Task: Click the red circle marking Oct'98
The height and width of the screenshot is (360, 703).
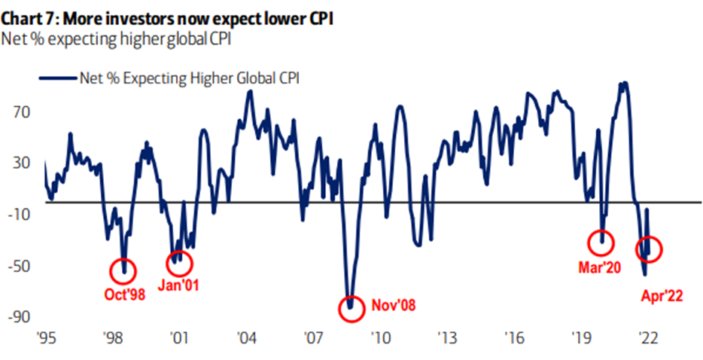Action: point(124,270)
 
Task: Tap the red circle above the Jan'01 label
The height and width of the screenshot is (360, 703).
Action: point(180,263)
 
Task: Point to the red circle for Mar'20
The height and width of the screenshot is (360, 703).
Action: point(601,243)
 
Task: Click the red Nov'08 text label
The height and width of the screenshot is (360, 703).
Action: point(393,306)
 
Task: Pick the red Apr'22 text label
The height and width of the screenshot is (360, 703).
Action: point(661,296)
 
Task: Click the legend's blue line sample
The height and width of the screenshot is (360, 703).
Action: point(57,76)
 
